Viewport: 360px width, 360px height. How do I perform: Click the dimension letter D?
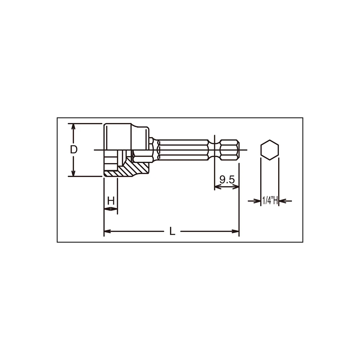(73, 150)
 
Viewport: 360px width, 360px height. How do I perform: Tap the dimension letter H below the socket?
(111, 201)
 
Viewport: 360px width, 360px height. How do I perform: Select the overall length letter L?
(172, 231)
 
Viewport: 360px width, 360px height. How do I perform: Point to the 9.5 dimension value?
(227, 180)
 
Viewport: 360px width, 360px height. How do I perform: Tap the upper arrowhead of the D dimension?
(73, 126)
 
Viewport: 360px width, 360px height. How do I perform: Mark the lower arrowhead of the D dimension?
(73, 174)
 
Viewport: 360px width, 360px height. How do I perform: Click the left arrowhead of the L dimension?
(107, 231)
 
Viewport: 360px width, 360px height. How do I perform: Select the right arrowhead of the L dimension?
(236, 231)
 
